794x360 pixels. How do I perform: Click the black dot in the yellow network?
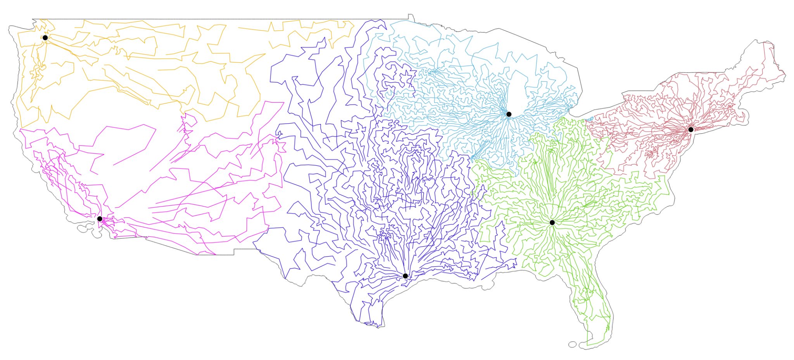tap(45, 38)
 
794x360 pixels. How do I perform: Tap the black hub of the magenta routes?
tap(100, 219)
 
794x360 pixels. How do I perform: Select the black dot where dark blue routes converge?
tap(405, 276)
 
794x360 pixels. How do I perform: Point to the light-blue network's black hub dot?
tap(509, 114)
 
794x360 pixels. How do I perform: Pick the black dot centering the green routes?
tap(552, 222)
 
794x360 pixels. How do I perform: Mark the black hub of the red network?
tap(690, 129)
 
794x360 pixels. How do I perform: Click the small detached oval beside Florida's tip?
tap(572, 344)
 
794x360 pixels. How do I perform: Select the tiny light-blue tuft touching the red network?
tap(589, 119)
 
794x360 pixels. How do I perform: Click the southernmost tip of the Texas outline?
tap(378, 327)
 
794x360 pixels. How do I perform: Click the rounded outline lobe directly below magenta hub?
tap(95, 233)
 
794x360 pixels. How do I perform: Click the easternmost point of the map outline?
tap(785, 74)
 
